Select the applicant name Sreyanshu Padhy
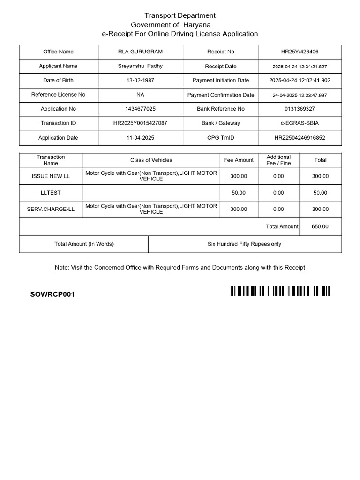click(140, 66)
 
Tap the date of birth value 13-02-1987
click(140, 81)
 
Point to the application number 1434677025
click(140, 109)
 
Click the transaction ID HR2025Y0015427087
click(140, 123)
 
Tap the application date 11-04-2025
click(140, 138)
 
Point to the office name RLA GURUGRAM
click(140, 52)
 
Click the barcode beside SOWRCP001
click(280, 291)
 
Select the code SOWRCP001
click(52, 294)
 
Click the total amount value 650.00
click(320, 226)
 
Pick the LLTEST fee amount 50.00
click(238, 193)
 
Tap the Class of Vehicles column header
click(151, 160)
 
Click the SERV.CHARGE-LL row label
click(51, 209)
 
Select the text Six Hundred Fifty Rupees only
click(244, 244)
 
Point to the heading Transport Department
click(180, 16)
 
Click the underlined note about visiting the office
click(180, 268)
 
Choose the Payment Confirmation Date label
click(221, 95)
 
